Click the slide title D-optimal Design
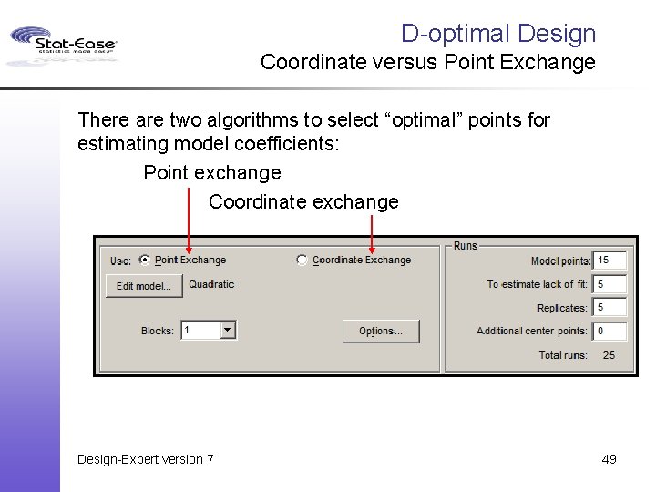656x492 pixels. (497, 34)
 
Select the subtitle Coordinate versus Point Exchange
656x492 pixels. (427, 63)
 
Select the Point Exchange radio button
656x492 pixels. (145, 261)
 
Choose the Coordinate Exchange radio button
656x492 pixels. (302, 261)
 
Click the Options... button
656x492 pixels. (381, 332)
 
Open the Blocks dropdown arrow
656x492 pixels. (228, 331)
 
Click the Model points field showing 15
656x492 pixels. (609, 261)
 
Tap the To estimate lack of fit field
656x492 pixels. (609, 284)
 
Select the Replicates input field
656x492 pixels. (609, 308)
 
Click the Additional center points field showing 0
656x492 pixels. (609, 331)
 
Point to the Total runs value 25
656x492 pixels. (609, 354)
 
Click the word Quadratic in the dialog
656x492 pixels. (211, 284)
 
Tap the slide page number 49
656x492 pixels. (609, 459)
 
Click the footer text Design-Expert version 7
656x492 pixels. (146, 459)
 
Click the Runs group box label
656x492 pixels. (466, 246)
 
